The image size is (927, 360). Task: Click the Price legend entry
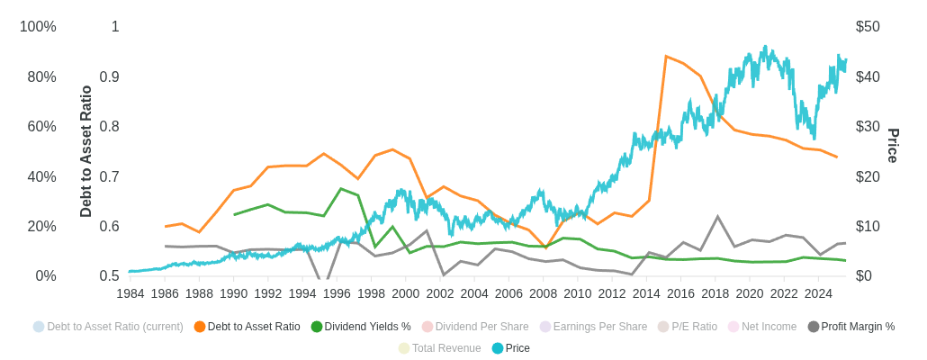(x=517, y=348)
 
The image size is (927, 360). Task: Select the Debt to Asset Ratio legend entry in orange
(x=253, y=327)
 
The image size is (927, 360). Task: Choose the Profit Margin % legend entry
(x=857, y=327)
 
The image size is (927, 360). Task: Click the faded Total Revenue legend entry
(x=445, y=348)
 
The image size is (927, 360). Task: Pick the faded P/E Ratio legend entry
(x=692, y=327)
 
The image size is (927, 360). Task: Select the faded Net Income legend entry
(x=769, y=327)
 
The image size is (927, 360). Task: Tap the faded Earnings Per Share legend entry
(x=599, y=327)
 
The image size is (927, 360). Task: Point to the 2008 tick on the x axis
(x=543, y=293)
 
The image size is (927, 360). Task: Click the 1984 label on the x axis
(x=130, y=293)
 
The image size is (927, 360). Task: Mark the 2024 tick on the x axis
(x=818, y=293)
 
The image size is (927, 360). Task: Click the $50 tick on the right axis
(x=868, y=27)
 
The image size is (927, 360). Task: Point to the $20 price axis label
(x=868, y=176)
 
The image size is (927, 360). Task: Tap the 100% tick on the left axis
(x=38, y=27)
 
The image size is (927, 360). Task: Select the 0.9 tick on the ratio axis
(x=110, y=77)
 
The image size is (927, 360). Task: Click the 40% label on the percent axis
(x=41, y=176)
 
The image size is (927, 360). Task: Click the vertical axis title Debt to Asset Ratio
(x=86, y=151)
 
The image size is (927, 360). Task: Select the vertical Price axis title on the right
(x=893, y=146)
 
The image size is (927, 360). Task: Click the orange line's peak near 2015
(x=666, y=57)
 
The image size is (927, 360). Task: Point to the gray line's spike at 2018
(x=717, y=217)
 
